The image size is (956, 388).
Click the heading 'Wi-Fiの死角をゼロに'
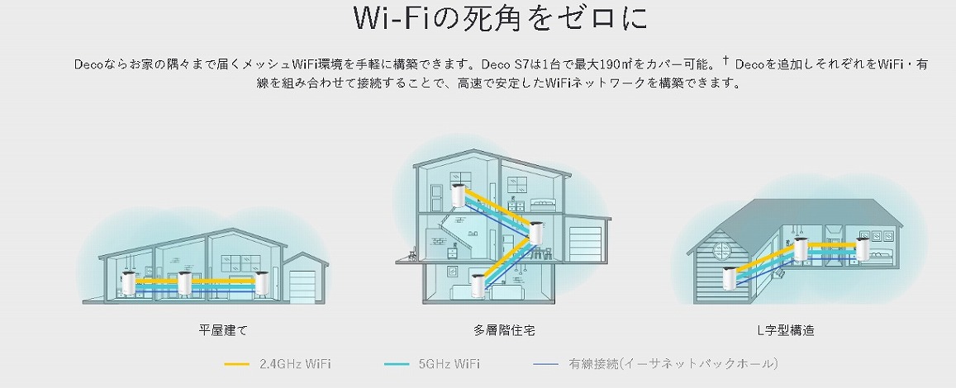tap(478, 20)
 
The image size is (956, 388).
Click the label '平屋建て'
tap(223, 330)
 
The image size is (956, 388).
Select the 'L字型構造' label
tap(785, 330)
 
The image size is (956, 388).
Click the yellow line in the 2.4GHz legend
tap(237, 363)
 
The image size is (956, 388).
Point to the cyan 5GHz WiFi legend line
tap(397, 363)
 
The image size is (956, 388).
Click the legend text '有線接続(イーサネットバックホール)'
tap(673, 363)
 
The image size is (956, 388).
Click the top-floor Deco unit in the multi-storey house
tap(459, 199)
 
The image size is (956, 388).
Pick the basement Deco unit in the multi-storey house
tap(477, 283)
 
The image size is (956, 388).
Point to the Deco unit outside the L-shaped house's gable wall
tap(730, 278)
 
